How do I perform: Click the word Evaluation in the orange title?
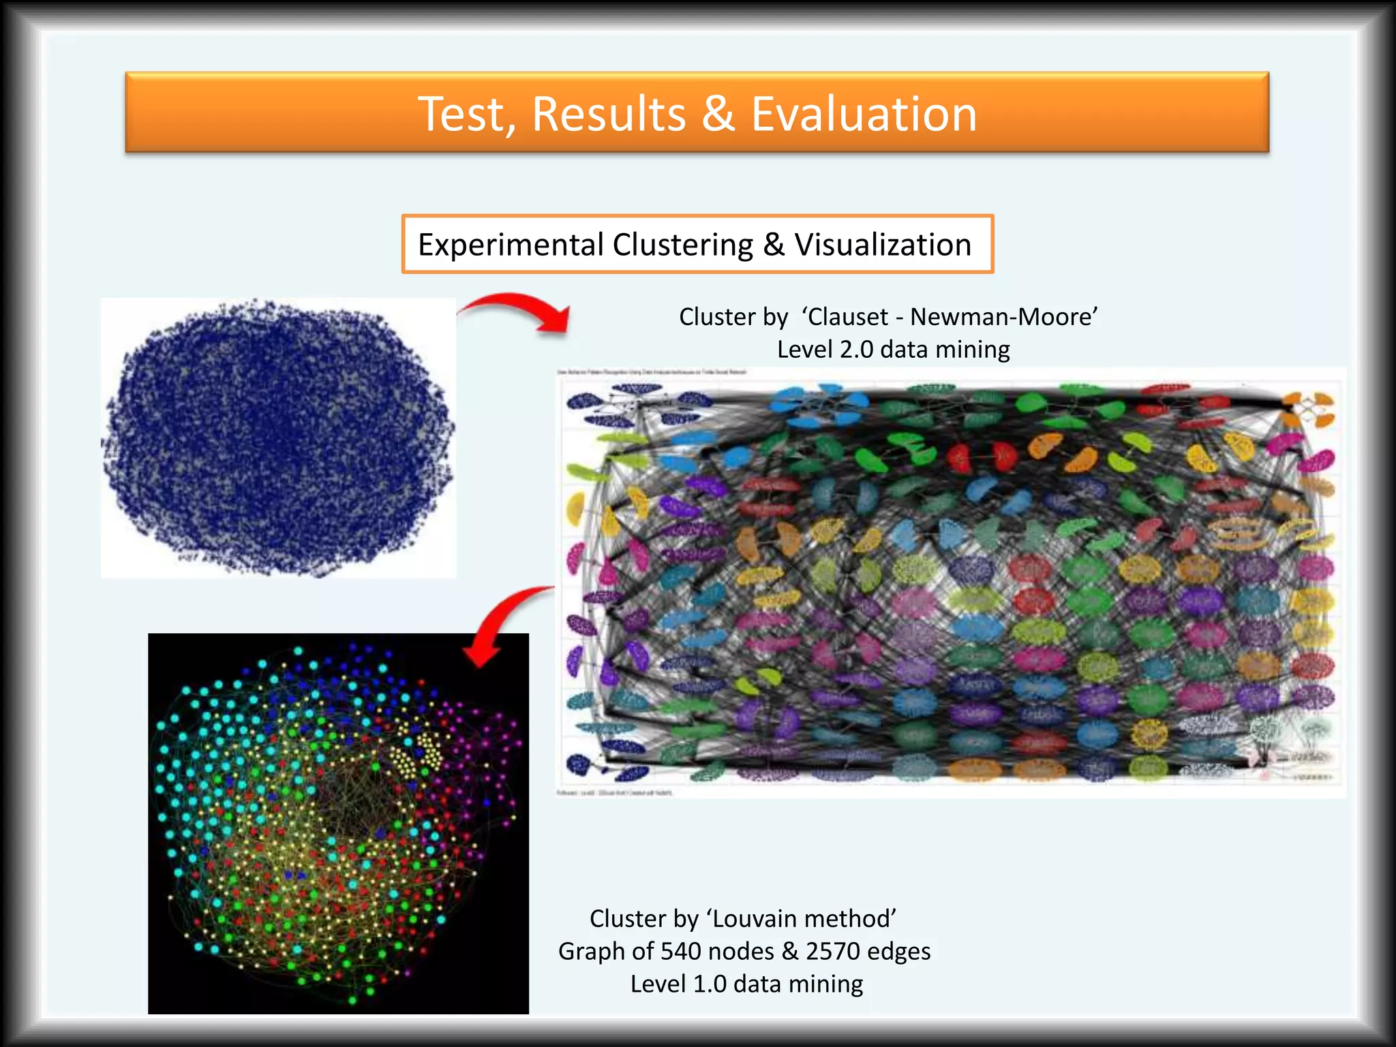pos(864,114)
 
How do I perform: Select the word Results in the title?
pos(609,114)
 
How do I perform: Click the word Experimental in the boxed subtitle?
pos(511,245)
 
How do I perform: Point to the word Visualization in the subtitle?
pos(882,245)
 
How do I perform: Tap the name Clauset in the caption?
pos(848,317)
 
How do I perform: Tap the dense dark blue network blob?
pos(278,438)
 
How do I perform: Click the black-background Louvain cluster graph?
pos(338,823)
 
